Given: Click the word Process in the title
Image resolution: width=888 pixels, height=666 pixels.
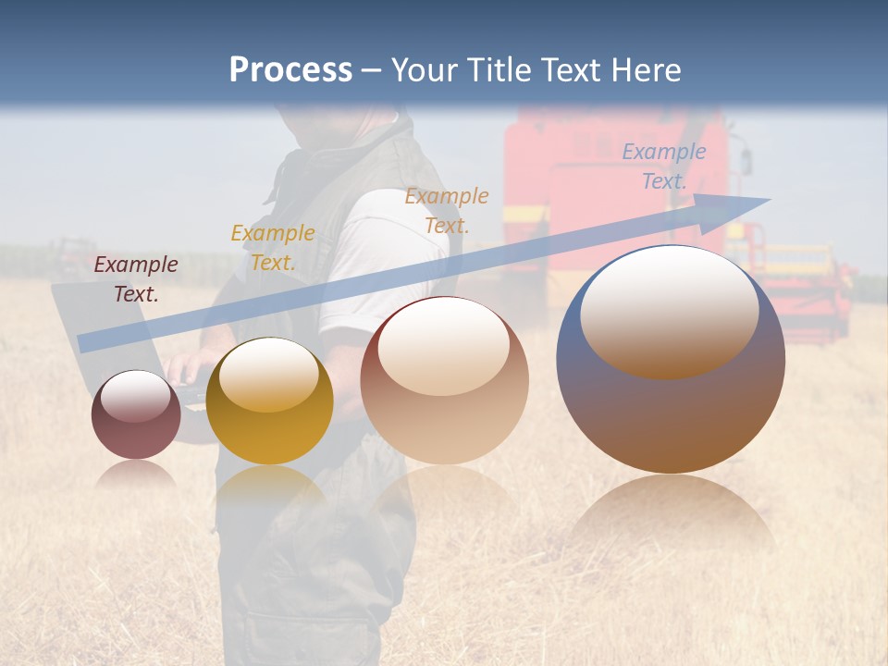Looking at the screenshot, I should [290, 70].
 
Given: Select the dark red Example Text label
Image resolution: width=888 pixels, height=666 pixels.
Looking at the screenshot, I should [136, 279].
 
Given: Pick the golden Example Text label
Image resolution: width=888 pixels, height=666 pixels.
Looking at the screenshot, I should [273, 248].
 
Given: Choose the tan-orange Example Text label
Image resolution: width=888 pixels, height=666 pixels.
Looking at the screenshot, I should [447, 210].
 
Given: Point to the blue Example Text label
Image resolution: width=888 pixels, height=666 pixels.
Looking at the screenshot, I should [664, 166].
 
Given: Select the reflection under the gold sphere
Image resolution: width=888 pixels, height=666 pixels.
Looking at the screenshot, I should [269, 486].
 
